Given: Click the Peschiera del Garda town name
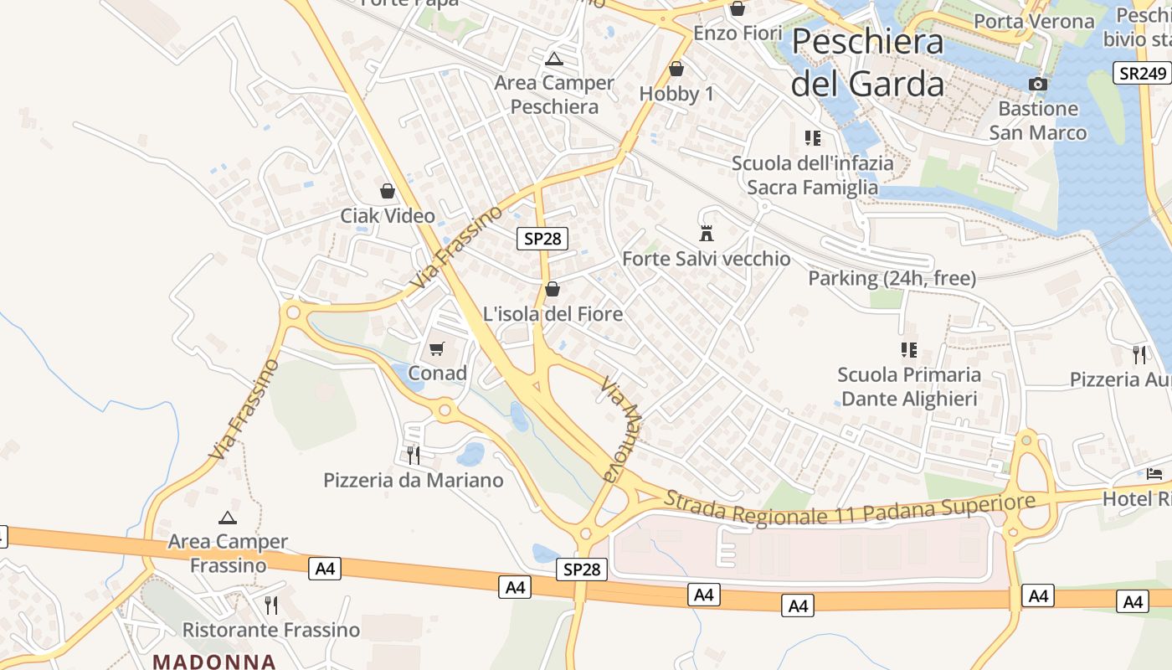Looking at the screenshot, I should (867, 62).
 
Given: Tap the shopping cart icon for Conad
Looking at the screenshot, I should (436, 348).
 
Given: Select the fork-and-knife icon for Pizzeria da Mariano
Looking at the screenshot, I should (413, 455).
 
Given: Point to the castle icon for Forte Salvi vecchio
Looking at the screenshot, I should (707, 233).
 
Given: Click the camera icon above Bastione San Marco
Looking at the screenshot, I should (1037, 84).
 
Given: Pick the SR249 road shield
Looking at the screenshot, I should (1142, 73).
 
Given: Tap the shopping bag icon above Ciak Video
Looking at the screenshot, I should (388, 191).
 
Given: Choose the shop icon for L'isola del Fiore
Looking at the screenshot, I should (553, 290).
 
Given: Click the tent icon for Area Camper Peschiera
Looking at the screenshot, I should (553, 59).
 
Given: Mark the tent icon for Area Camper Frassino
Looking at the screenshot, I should (227, 518).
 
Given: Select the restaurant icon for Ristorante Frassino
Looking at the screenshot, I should (270, 605).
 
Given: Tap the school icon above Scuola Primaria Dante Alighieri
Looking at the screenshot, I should (908, 349).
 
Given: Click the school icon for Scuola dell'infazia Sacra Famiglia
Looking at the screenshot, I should (812, 138).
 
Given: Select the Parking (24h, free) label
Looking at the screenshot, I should (892, 278).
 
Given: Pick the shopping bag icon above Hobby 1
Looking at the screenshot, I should (676, 69).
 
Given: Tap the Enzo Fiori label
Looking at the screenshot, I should (738, 33).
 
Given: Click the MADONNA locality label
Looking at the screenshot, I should (214, 661).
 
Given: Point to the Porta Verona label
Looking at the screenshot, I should (1035, 22).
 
